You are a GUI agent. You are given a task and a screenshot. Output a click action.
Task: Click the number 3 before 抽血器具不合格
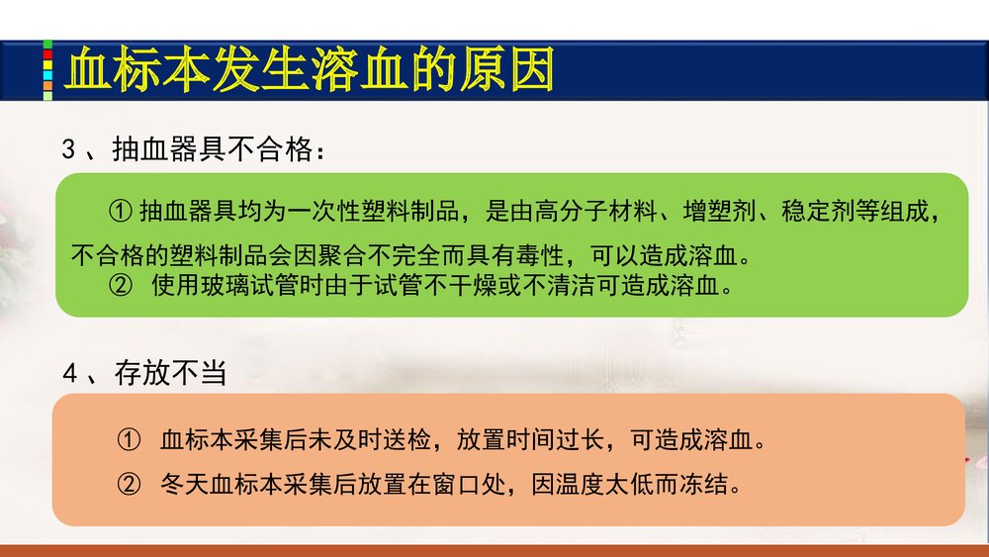click(68, 150)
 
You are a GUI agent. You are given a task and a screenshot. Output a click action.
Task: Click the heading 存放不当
click(171, 374)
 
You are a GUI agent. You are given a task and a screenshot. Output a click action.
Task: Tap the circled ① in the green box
click(120, 211)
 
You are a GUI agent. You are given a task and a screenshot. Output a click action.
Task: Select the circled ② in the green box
click(120, 287)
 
